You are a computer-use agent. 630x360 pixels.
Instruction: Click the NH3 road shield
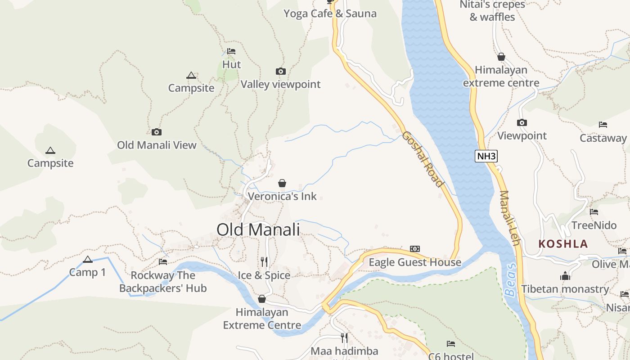click(486, 157)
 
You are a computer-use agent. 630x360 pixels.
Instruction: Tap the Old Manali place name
click(258, 229)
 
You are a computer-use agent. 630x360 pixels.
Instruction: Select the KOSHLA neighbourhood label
click(563, 244)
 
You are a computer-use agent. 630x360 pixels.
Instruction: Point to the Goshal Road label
click(423, 159)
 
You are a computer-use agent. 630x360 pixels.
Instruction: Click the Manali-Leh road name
click(510, 218)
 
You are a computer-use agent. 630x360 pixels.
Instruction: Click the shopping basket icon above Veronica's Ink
click(282, 183)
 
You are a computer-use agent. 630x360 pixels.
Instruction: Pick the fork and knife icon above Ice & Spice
click(264, 261)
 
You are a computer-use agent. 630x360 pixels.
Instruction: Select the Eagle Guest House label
click(415, 262)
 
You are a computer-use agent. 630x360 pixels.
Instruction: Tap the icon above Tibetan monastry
click(565, 276)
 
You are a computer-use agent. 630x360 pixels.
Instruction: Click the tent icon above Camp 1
click(88, 259)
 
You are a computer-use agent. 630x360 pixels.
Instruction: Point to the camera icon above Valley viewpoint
click(280, 71)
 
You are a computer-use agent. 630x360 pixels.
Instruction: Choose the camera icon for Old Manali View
click(157, 132)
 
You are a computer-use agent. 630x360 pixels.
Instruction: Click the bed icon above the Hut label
click(231, 51)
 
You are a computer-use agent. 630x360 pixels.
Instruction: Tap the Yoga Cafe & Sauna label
click(330, 13)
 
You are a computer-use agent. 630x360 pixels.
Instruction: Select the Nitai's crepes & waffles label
click(492, 11)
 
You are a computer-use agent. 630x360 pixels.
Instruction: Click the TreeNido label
click(594, 225)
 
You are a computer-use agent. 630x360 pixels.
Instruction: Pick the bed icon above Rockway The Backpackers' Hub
click(163, 261)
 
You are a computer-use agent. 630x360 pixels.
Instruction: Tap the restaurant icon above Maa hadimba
click(344, 337)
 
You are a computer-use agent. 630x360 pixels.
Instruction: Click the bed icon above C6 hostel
click(451, 344)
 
